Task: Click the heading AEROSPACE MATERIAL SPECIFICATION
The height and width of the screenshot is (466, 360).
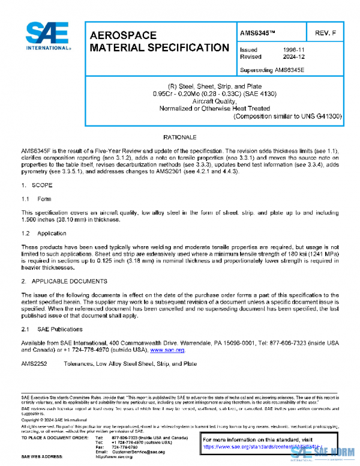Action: pos(158,41)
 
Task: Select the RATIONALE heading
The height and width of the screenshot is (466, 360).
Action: pos(179,138)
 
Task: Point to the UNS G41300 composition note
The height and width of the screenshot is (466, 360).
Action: pos(287,116)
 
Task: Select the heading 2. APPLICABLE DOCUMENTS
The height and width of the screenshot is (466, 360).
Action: pos(64,281)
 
